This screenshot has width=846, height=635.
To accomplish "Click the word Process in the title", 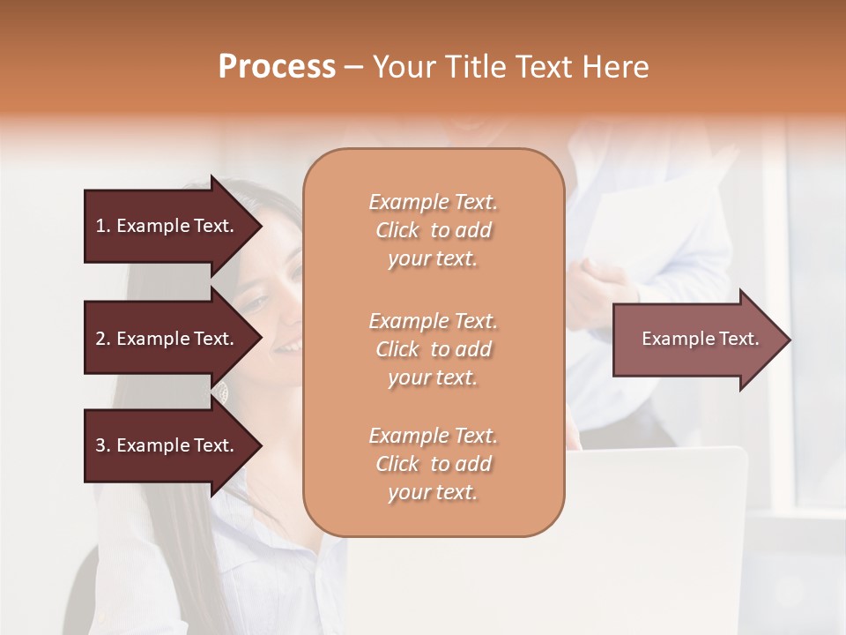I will tap(277, 67).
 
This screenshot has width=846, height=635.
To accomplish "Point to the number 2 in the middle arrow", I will tap(100, 339).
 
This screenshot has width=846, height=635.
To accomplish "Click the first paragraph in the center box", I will tap(433, 230).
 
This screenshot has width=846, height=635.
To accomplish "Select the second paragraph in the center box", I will tap(433, 349).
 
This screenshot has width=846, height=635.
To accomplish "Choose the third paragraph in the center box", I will tap(433, 464).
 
